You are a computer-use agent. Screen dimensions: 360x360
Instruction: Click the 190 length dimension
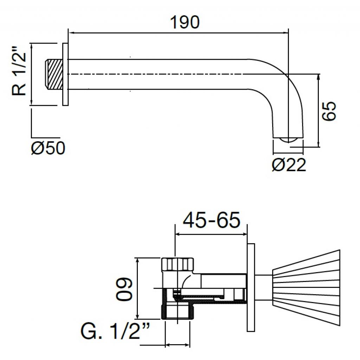[x=185, y=22]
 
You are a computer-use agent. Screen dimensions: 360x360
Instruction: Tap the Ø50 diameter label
[x=48, y=148]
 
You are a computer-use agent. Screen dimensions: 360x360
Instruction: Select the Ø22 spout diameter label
[x=289, y=165]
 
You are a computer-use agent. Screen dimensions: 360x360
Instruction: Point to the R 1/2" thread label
[x=19, y=71]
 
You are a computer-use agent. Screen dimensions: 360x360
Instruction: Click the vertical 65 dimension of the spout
[x=329, y=111]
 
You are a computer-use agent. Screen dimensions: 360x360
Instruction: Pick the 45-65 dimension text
[x=211, y=220]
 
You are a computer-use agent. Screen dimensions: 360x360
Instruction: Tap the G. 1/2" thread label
[x=115, y=331]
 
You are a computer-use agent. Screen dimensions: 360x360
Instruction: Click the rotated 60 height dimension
[x=124, y=289]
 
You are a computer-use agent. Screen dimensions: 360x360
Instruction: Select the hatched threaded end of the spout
[x=54, y=74]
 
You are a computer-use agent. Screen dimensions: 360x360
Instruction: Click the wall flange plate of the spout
[x=65, y=74]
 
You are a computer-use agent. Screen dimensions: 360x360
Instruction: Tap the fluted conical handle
[x=306, y=288]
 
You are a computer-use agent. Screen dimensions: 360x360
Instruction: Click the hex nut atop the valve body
[x=178, y=264]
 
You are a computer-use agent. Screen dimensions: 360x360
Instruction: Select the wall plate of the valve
[x=251, y=288]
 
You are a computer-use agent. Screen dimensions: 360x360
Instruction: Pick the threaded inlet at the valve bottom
[x=178, y=311]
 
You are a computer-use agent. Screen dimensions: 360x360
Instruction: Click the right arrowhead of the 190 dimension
[x=285, y=33]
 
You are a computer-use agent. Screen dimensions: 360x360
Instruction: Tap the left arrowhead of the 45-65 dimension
[x=178, y=234]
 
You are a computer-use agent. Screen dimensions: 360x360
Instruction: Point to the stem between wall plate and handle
[x=264, y=288]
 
